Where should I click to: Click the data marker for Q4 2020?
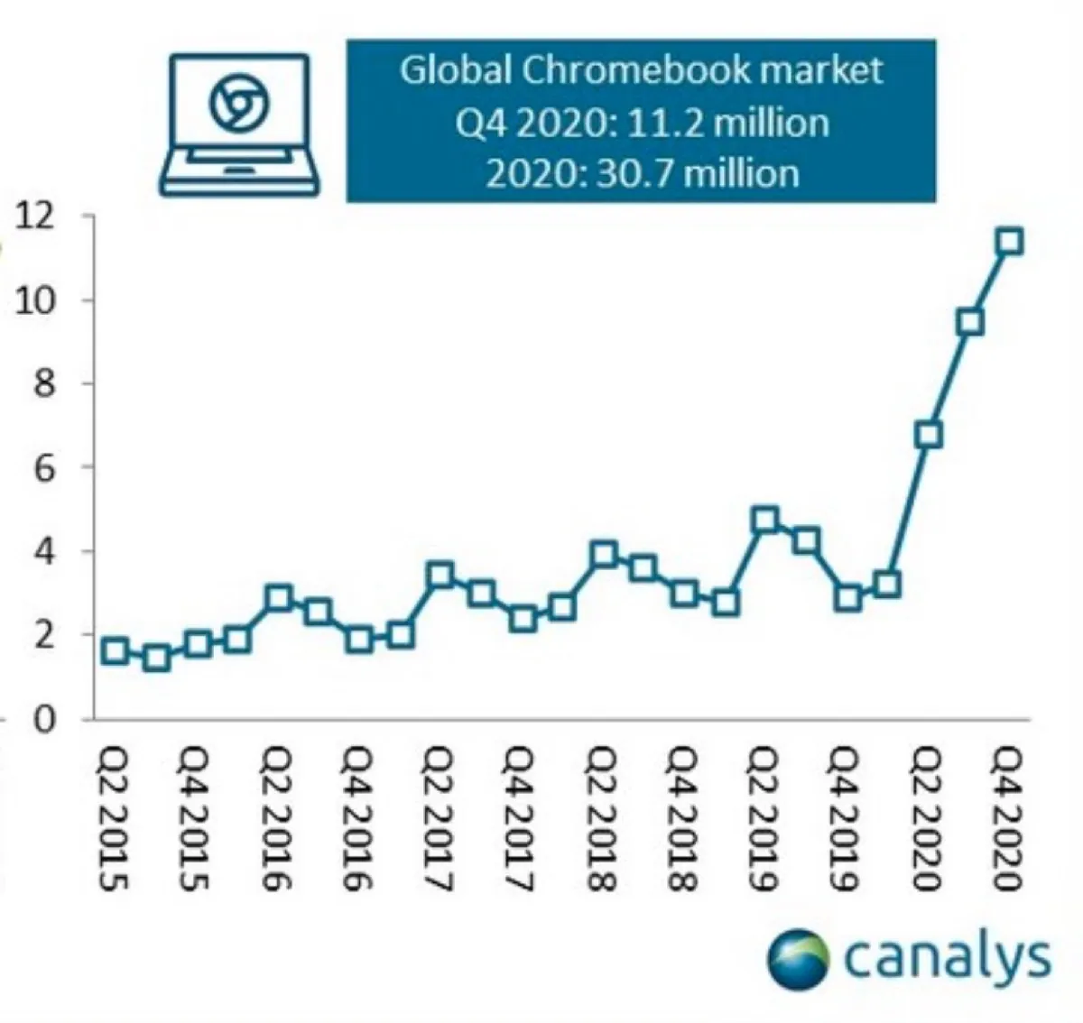pos(1010,242)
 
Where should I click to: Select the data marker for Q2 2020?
pos(928,435)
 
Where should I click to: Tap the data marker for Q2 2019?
pos(765,520)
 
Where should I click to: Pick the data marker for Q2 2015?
pos(115,650)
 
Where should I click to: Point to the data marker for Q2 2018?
pos(604,554)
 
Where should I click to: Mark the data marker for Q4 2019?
pos(847,598)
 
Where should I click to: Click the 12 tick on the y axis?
pos(32,217)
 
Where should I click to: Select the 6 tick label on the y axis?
pos(43,467)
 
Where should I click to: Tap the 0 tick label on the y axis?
pos(43,719)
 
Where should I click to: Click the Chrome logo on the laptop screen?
pos(238,103)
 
